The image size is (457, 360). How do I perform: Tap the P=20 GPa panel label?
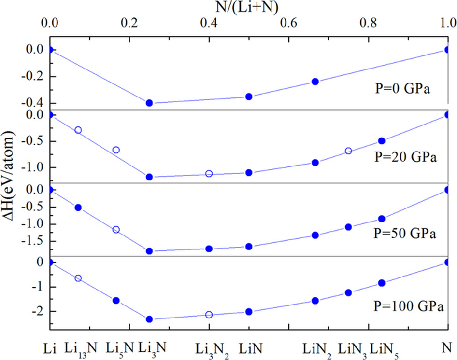click(405, 157)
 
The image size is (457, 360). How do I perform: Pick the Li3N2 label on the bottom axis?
click(211, 348)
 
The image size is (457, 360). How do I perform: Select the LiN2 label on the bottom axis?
click(317, 348)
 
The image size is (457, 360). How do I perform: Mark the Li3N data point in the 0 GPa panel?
click(149, 103)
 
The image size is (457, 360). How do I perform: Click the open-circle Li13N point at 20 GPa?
click(78, 130)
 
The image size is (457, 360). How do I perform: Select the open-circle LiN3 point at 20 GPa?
click(348, 151)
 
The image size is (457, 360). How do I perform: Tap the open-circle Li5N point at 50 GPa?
click(116, 230)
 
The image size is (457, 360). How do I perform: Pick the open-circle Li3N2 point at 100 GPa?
click(209, 315)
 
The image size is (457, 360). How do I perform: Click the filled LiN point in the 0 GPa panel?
click(249, 97)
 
